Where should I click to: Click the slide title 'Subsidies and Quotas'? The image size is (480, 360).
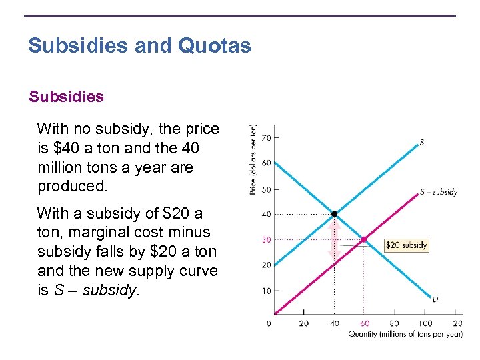coord(139,46)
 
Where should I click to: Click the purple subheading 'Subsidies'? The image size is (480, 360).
coord(66,97)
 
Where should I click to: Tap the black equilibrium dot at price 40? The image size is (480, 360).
coord(335,214)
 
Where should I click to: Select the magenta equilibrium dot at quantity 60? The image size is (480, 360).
coord(363,239)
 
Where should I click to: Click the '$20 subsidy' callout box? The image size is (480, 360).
coord(406,245)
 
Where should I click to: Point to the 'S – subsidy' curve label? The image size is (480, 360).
coord(438,192)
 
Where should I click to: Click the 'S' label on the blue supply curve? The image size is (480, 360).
coord(422,141)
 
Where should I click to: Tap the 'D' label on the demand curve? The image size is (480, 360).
coord(435,299)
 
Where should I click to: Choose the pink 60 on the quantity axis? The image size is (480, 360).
coord(364,323)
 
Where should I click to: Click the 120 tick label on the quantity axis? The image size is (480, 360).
coord(456,323)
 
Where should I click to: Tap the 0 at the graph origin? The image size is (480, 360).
coord(269,323)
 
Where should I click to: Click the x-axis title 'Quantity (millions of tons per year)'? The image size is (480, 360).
coord(405,334)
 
